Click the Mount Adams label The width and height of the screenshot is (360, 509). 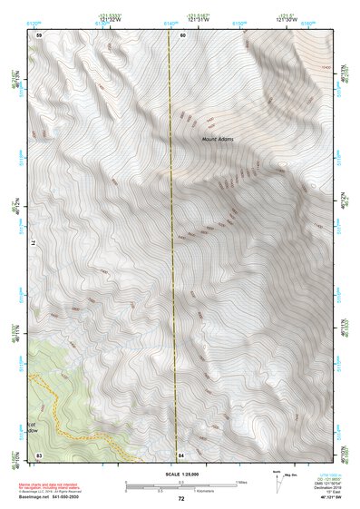coord(217,138)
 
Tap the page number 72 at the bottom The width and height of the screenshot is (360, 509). coord(180,499)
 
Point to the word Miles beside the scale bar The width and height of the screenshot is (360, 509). coord(242,482)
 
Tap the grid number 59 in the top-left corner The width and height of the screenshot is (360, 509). coord(39,34)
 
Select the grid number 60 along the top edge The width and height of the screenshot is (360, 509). coord(182,34)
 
